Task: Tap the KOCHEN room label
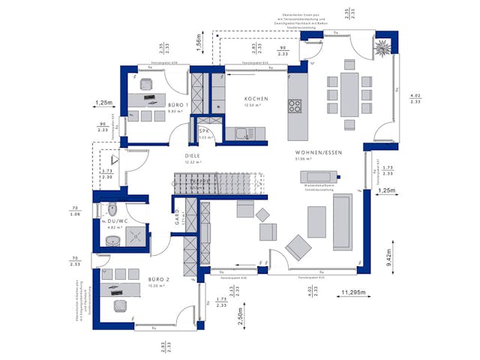(x=256, y=99)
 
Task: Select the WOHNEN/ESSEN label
(x=318, y=152)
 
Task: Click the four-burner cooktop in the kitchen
(x=295, y=106)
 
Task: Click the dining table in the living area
(x=349, y=94)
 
